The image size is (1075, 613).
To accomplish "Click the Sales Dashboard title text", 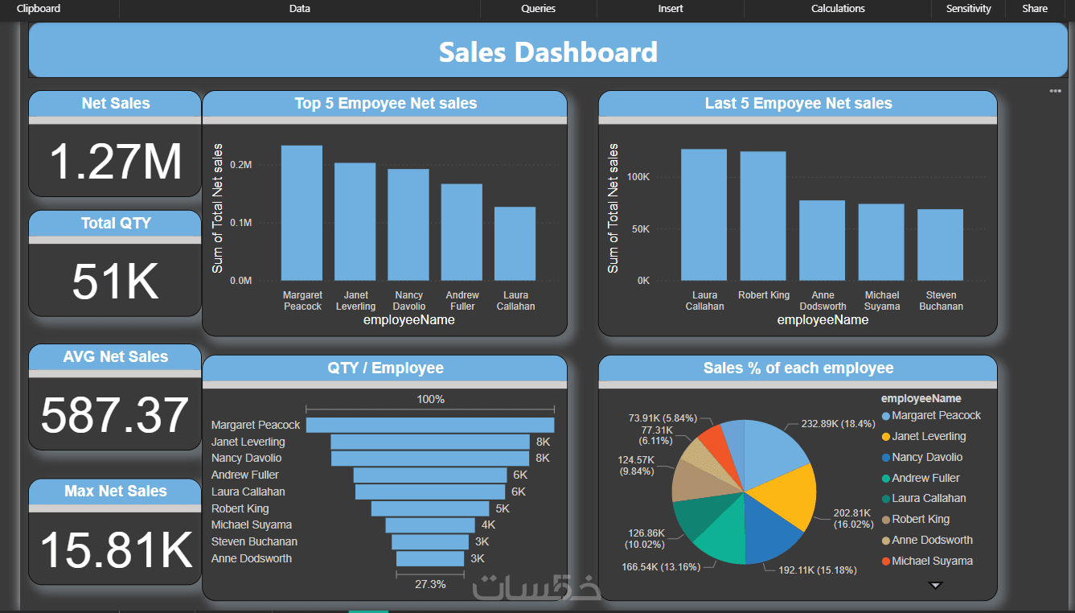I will point(548,52).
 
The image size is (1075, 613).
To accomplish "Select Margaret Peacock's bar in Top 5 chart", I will point(302,213).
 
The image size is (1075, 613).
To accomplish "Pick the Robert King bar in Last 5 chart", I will point(763,216).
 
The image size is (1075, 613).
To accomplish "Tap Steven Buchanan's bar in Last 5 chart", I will point(940,245).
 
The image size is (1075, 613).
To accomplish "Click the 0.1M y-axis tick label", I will point(241,223).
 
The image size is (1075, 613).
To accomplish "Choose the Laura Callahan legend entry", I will point(929,499).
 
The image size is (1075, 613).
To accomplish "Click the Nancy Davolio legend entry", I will point(927,457).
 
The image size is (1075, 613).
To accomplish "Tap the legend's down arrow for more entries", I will point(935,586).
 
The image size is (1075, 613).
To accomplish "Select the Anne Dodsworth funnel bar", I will point(430,558).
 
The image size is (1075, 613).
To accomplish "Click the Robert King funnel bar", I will point(430,508).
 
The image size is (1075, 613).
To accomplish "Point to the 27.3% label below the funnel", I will point(430,584).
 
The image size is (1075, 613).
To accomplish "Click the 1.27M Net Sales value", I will point(116,161).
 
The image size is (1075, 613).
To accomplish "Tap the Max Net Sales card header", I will point(115,492).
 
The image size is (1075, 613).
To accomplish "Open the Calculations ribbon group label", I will point(838,9).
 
